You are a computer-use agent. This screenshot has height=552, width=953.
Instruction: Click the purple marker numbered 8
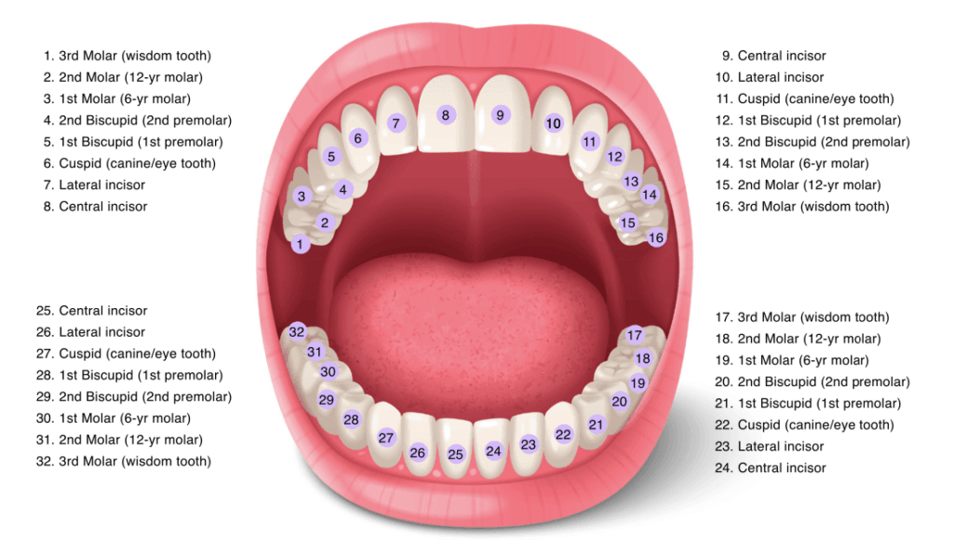[x=446, y=114]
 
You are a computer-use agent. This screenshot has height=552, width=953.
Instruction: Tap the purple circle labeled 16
[x=656, y=237]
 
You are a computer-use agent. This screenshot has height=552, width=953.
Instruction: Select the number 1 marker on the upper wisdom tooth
[x=300, y=245]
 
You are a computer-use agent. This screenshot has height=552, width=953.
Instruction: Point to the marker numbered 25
[x=455, y=453]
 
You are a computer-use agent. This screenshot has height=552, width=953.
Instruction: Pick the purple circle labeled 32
[x=297, y=332]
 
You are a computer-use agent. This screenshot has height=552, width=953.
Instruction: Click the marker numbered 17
[x=635, y=335]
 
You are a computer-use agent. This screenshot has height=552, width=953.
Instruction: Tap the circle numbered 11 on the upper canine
[x=589, y=142]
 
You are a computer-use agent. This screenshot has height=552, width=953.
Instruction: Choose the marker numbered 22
[x=563, y=434]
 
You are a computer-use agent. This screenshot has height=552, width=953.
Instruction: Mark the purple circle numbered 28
[x=351, y=420]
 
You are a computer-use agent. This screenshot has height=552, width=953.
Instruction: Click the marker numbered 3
[x=302, y=196]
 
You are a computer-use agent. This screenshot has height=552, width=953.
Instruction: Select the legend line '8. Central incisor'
[x=96, y=207]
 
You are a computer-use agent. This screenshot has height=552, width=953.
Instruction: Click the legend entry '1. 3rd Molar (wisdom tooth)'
[x=127, y=56]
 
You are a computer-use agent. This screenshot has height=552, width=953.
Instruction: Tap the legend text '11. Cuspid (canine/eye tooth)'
[x=805, y=99]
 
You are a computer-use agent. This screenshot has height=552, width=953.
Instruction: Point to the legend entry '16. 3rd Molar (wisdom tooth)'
[x=802, y=207]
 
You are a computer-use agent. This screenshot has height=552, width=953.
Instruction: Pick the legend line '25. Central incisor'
[x=92, y=311]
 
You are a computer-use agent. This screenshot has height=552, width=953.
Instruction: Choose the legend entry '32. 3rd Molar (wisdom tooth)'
[x=124, y=462]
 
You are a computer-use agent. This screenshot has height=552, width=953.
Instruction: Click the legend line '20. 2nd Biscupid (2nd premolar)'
[x=812, y=382]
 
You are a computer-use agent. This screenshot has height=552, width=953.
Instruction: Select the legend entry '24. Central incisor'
[x=771, y=468]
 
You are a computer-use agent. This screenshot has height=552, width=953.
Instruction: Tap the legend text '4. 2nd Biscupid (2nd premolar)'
[x=138, y=120]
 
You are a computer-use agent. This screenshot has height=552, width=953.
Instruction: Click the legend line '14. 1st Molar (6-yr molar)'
[x=792, y=164]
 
